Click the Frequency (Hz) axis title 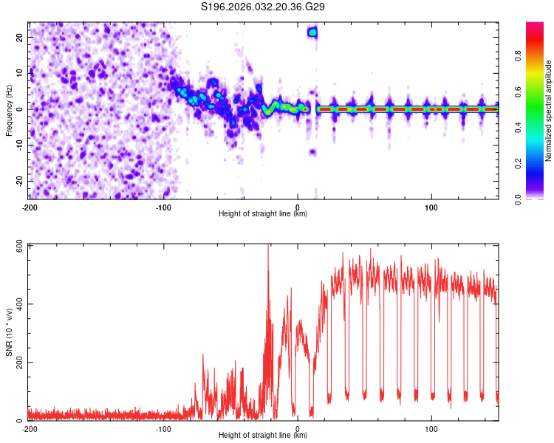[9, 109]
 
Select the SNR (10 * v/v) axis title [9, 332]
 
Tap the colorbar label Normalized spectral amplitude [549, 111]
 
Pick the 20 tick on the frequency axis [19, 36]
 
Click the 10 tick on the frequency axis [19, 72]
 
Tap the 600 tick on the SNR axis [16, 246]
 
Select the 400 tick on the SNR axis [16, 304]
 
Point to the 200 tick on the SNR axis [16, 363]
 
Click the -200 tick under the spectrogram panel [30, 206]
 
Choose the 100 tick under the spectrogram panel [431, 206]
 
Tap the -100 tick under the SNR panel [163, 429]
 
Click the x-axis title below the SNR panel [264, 436]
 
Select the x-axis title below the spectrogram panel [264, 213]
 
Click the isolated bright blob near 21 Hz [312, 32]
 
